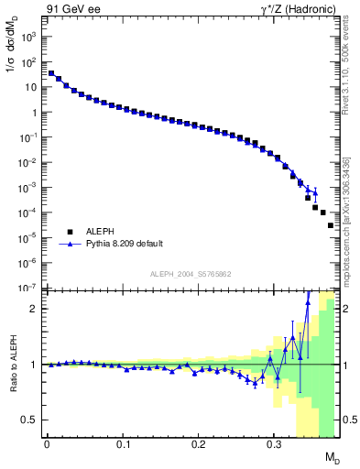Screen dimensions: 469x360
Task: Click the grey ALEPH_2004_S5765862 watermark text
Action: click(191, 274)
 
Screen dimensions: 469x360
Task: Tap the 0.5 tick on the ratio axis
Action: click(27, 420)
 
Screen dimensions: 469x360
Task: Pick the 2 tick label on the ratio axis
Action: click(33, 309)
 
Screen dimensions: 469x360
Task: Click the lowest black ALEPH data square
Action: click(331, 224)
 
